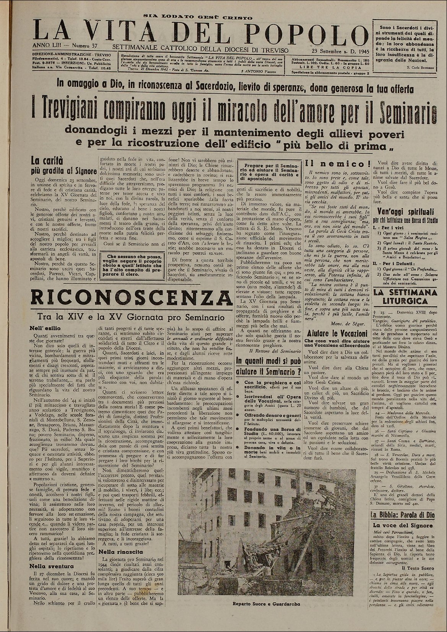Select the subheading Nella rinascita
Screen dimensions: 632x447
tap(116, 552)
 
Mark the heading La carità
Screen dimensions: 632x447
tap(43, 161)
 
